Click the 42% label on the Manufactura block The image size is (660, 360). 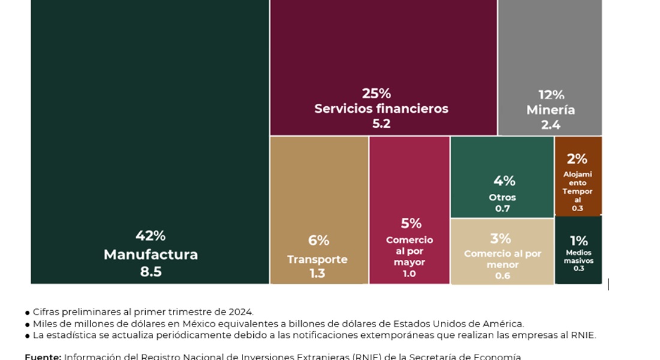[x=151, y=236]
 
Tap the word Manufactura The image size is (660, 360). [x=151, y=254]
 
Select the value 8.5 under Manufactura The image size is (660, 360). [x=151, y=272]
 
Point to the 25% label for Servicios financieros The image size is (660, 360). [x=376, y=94]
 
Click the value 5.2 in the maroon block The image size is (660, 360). [x=381, y=124]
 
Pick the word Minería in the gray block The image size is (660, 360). [x=551, y=110]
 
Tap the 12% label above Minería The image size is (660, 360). [x=551, y=95]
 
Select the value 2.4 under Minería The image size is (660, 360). [x=551, y=125]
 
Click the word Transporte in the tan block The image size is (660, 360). [x=317, y=259]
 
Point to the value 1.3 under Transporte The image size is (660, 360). [x=317, y=274]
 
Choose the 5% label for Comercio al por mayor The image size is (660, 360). [x=411, y=224]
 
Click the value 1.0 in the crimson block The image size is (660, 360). [x=409, y=274]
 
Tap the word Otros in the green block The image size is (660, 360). [x=502, y=197]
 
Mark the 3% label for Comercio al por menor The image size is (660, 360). [x=500, y=239]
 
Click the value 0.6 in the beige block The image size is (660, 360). [x=502, y=276]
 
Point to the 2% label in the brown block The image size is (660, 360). [x=577, y=159]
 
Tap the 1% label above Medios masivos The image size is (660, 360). [x=578, y=241]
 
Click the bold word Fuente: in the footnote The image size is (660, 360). [x=43, y=356]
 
